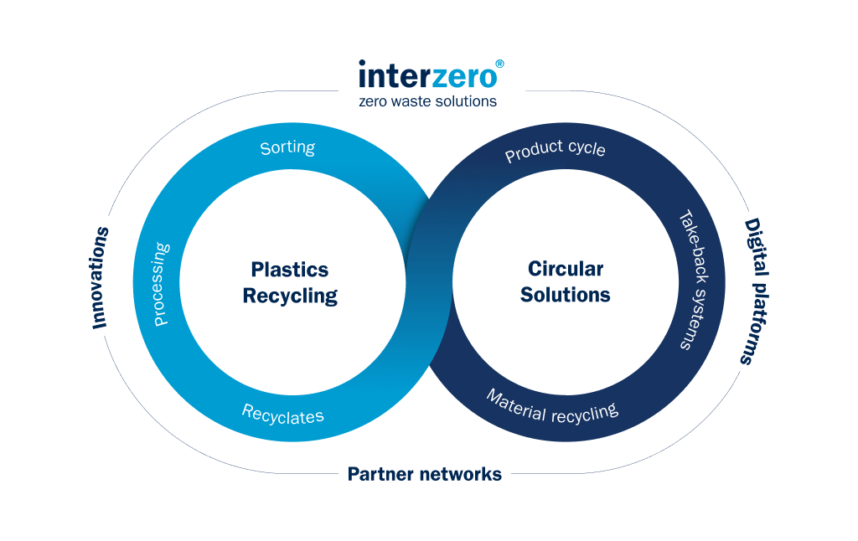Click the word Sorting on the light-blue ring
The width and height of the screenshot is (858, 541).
pos(287,148)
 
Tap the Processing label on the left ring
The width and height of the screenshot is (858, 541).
pos(161,284)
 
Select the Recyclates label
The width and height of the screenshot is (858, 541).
pos(282,414)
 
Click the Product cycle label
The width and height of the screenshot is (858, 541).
pos(555,152)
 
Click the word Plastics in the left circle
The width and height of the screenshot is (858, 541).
pos(290,270)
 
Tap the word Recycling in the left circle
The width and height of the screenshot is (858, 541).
pos(290,296)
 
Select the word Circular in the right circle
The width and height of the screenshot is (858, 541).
pos(566,270)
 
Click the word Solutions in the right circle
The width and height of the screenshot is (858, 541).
pos(566,295)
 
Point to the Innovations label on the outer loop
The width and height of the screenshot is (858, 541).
pos(101,277)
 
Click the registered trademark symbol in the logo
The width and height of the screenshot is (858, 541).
pos(499,64)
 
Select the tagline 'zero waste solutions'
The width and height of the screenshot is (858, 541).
pos(427,101)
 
